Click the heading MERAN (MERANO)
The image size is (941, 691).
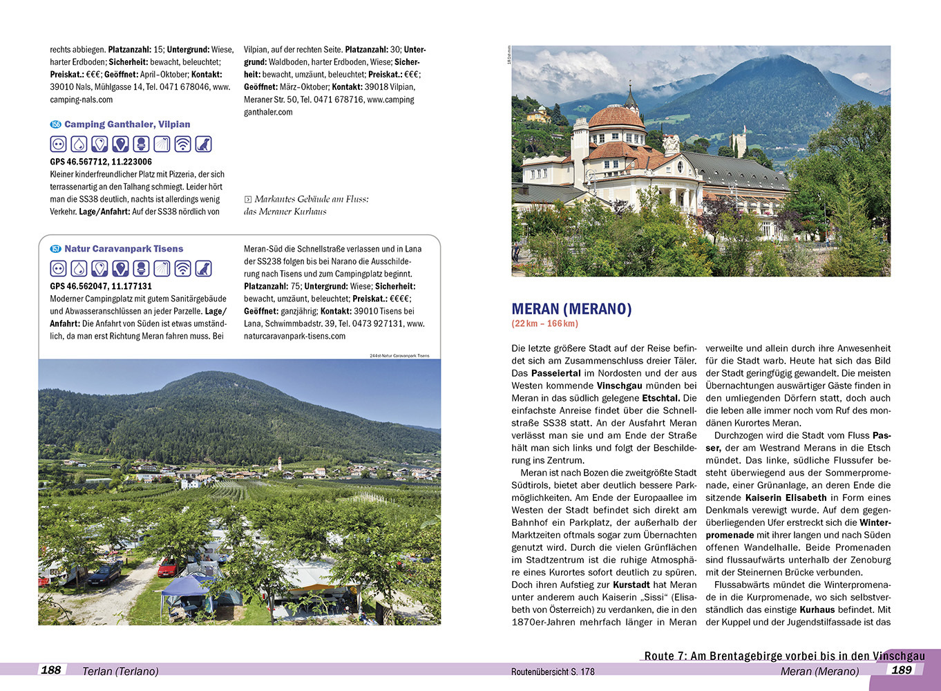[x=571, y=309]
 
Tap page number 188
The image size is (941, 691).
[x=51, y=670]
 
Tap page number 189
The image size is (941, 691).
[x=902, y=670]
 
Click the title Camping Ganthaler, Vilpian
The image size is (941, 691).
[x=127, y=124]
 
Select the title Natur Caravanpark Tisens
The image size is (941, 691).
[x=124, y=249]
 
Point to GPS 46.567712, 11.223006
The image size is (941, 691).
[x=101, y=162]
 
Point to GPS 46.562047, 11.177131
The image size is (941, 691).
[x=101, y=286]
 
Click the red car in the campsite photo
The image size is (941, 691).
[x=168, y=568]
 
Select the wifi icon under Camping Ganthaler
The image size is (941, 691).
[x=182, y=144]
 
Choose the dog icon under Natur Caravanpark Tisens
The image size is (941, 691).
[x=203, y=269]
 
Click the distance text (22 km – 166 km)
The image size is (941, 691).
[x=544, y=323]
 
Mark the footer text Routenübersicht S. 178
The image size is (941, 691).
[x=553, y=672]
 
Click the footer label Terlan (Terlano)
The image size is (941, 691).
[x=120, y=671]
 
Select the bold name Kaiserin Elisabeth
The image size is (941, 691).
[x=786, y=498]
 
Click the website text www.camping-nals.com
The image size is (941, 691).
[x=82, y=100]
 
